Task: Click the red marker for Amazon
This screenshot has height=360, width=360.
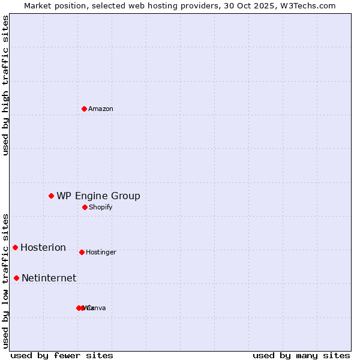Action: point(85,109)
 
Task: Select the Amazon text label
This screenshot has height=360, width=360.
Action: point(101,109)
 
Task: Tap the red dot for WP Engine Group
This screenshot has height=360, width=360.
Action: point(52,196)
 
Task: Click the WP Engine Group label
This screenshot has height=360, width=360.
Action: point(98,196)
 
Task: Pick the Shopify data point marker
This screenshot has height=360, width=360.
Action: point(85,207)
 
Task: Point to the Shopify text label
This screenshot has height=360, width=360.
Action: point(100,208)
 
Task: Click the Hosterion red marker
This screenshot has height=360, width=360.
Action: point(15,247)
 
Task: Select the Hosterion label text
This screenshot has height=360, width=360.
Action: point(43,248)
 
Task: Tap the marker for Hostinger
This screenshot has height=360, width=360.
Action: point(82,252)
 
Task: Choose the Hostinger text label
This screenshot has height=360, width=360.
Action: point(101,253)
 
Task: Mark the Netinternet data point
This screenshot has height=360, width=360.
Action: point(16,278)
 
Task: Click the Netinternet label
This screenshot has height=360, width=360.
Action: point(49,278)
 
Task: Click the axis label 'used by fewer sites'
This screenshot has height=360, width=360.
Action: point(62,355)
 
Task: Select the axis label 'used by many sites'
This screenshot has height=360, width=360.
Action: point(301,355)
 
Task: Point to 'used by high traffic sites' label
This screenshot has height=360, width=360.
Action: point(6,85)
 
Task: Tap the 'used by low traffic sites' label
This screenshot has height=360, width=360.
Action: point(6,281)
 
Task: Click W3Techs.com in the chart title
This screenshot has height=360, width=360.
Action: point(310,5)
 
